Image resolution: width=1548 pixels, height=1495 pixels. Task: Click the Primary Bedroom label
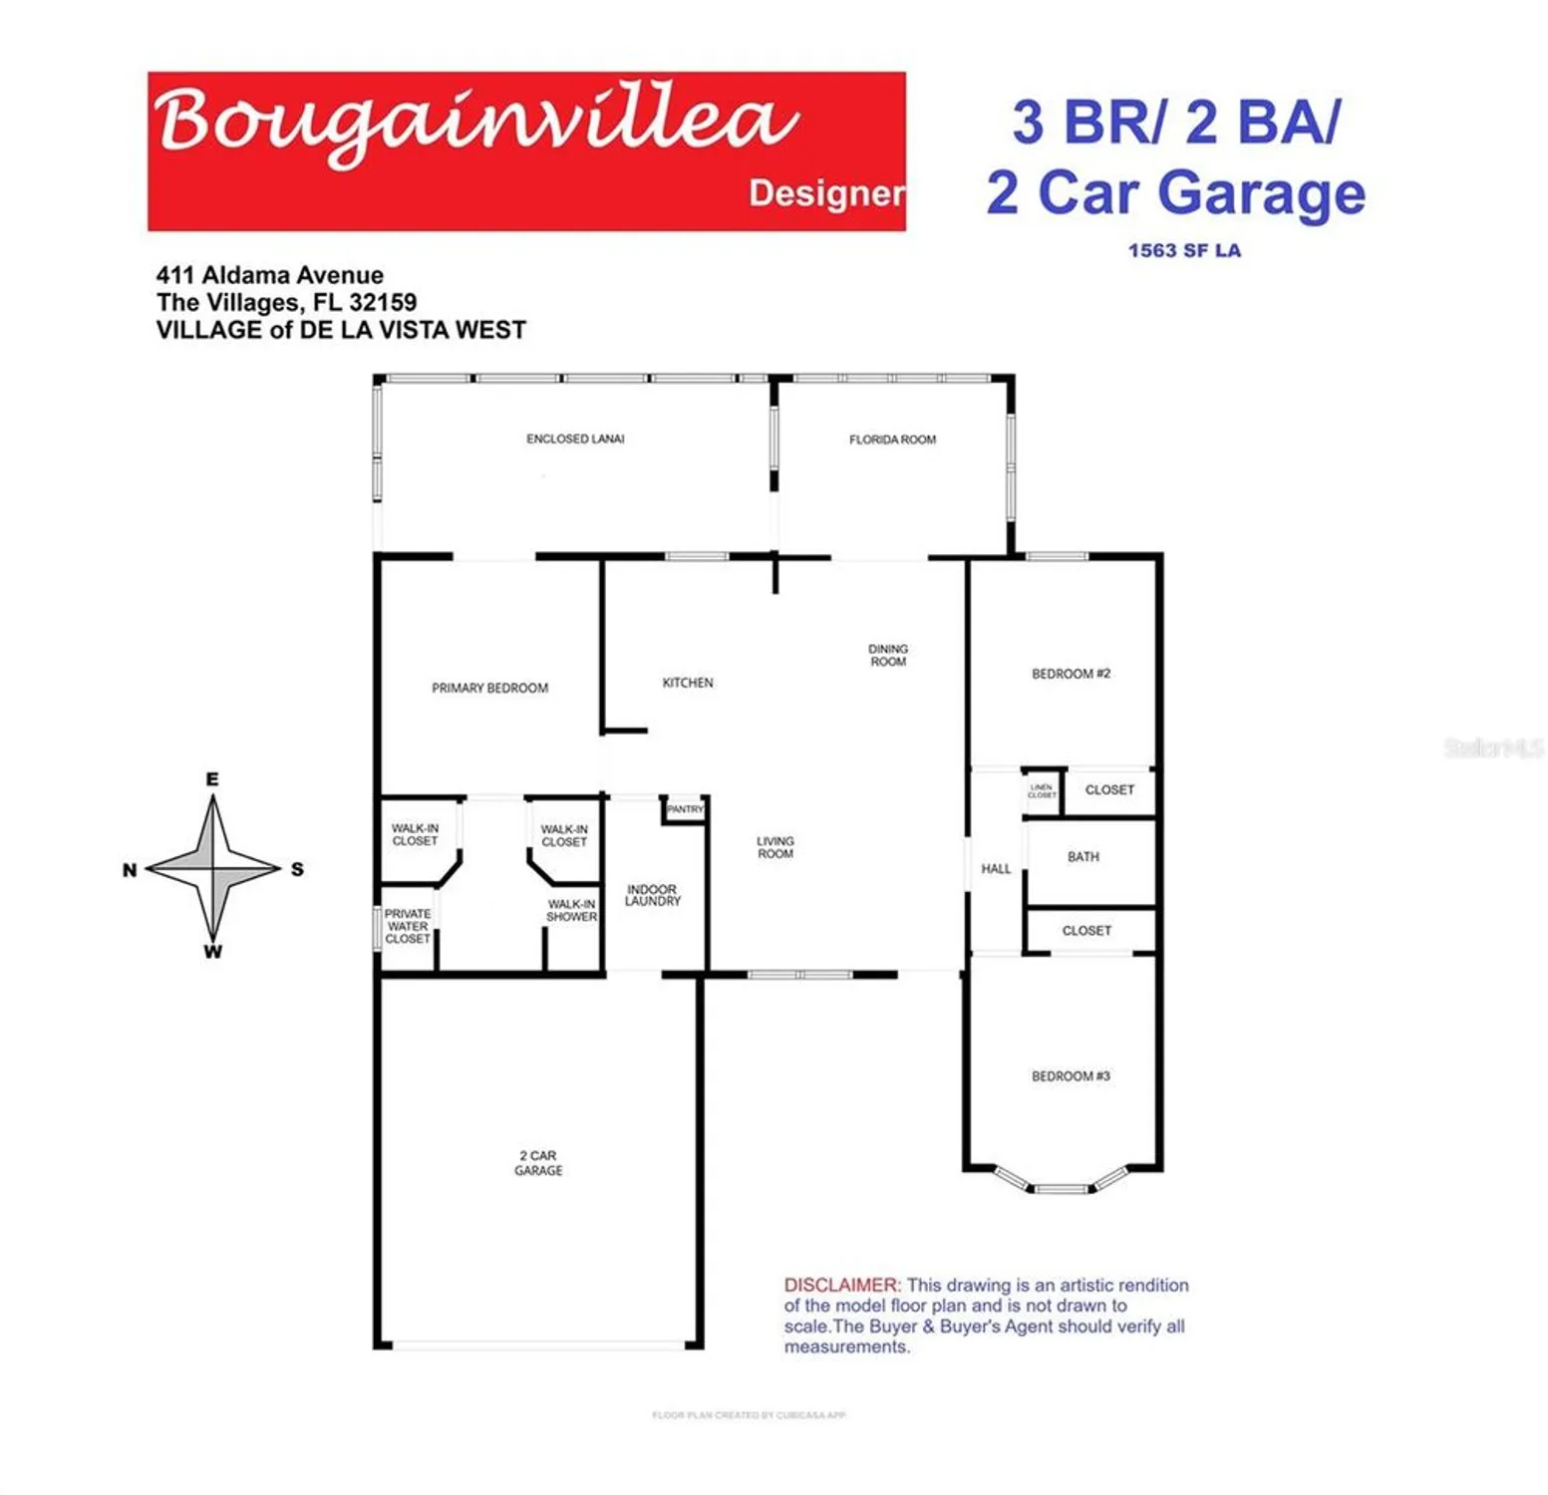(x=489, y=688)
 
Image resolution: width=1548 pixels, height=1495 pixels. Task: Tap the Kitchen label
(x=688, y=683)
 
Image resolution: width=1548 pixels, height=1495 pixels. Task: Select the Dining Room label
(x=888, y=655)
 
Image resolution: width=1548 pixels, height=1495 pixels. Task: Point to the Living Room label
(x=774, y=847)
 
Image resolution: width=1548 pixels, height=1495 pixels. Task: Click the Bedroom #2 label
(x=1071, y=674)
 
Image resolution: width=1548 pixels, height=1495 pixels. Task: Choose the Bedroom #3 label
(x=1071, y=1076)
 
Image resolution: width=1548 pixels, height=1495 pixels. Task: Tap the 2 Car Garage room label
(x=538, y=1163)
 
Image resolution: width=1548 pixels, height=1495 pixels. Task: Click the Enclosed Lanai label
(x=575, y=439)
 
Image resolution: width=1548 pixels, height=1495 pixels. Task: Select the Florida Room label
(x=892, y=440)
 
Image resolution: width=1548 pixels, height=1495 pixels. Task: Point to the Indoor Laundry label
(x=652, y=895)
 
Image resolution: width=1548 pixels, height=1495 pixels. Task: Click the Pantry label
(x=685, y=809)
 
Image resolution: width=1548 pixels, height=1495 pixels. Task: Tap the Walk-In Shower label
(x=571, y=910)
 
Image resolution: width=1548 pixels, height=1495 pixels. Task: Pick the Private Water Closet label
(x=408, y=926)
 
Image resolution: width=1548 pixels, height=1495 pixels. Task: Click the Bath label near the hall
(x=1084, y=857)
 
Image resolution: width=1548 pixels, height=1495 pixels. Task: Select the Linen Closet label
(x=1042, y=791)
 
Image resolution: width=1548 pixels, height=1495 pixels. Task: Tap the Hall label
(x=996, y=869)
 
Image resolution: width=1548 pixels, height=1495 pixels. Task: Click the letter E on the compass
(x=212, y=779)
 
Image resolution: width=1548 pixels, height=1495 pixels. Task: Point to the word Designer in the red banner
(x=826, y=193)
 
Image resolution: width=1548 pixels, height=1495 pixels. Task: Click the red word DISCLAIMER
(x=841, y=1286)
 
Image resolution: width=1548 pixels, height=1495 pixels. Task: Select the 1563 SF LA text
(x=1184, y=251)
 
